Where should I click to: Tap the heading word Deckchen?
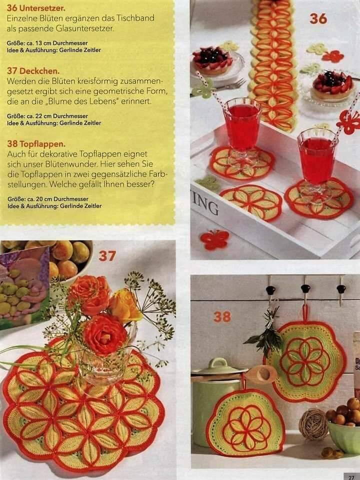point(39,71)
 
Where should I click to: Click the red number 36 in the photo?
point(318,19)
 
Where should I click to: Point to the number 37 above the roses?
point(107,256)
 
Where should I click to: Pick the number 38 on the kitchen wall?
point(222,317)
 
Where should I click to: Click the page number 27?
point(351,477)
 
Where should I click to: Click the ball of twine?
point(313,424)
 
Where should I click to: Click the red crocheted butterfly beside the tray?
point(214,239)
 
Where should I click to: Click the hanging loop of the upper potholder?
point(305,313)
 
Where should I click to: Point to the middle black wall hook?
point(305,288)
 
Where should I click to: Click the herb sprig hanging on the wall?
point(265,332)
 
